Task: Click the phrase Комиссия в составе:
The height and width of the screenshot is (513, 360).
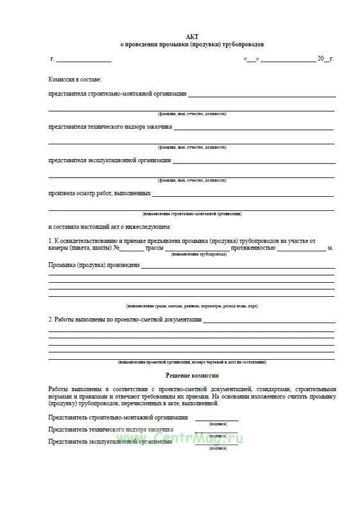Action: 75,79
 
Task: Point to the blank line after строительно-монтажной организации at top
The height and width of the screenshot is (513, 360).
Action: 262,96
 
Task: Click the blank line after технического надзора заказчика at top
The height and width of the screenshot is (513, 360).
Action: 253,129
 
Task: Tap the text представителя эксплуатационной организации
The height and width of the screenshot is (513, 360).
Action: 110,160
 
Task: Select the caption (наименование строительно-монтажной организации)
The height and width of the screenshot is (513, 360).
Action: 193,214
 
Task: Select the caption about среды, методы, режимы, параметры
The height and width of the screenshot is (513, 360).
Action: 192,307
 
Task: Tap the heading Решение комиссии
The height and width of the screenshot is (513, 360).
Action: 193,375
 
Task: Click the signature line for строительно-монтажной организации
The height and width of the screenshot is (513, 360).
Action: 213,419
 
